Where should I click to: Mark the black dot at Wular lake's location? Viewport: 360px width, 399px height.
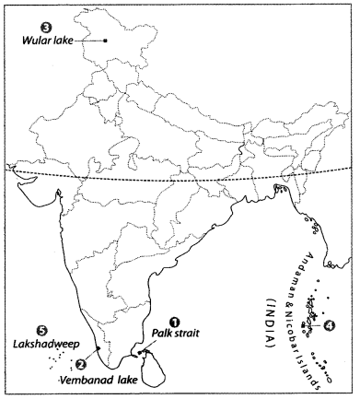pyautogui.click(x=106, y=40)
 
